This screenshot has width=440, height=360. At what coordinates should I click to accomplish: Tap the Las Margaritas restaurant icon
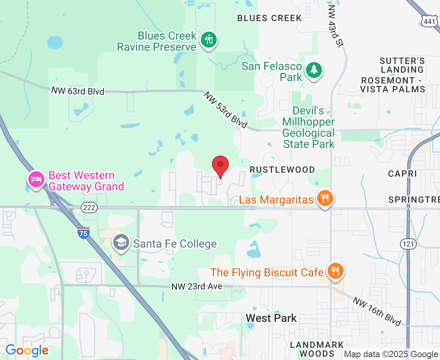(324, 198)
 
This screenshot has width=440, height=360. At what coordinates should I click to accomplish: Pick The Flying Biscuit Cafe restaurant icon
(335, 271)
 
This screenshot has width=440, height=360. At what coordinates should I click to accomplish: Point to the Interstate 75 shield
(84, 233)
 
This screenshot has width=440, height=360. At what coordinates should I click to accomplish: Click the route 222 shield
(88, 207)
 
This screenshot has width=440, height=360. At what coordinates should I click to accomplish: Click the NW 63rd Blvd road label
(78, 91)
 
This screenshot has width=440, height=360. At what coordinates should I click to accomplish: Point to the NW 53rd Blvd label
(225, 110)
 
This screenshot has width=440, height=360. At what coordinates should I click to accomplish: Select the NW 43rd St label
(335, 26)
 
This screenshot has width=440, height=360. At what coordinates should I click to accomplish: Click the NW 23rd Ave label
(196, 286)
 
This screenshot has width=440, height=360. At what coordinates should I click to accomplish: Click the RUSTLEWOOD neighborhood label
(282, 170)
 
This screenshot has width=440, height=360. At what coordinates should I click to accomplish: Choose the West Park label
(271, 318)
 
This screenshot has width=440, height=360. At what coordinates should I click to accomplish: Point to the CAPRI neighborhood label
(402, 174)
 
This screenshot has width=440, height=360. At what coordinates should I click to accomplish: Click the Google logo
(27, 350)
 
